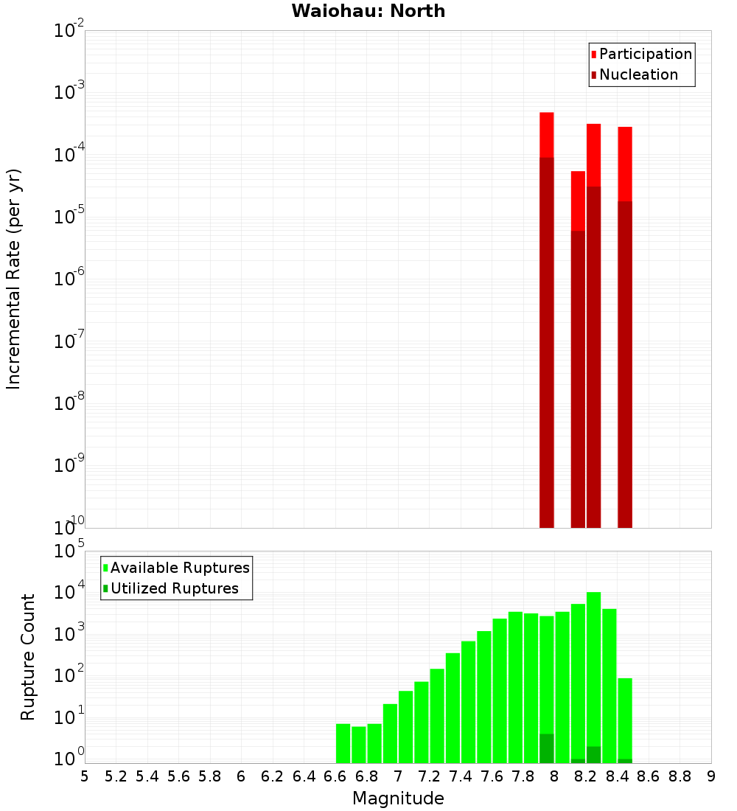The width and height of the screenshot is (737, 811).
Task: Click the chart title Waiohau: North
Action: click(368, 11)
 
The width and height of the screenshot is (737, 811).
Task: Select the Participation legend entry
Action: click(645, 54)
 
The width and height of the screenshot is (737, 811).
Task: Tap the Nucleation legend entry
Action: click(638, 74)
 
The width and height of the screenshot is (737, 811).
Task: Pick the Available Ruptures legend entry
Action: click(179, 568)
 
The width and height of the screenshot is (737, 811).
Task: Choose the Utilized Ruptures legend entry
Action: click(174, 588)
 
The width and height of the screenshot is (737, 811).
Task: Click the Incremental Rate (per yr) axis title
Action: click(14, 279)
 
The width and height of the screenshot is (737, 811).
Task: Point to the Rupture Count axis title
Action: click(28, 657)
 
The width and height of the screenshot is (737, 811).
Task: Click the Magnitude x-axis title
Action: click(398, 798)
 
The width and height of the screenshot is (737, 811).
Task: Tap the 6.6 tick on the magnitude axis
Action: click(335, 776)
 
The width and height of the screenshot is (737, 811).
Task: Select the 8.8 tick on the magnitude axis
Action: click(680, 776)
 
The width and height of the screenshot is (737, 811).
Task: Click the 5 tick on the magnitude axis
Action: click(85, 776)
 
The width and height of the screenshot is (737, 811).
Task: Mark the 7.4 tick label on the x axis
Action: click(461, 776)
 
